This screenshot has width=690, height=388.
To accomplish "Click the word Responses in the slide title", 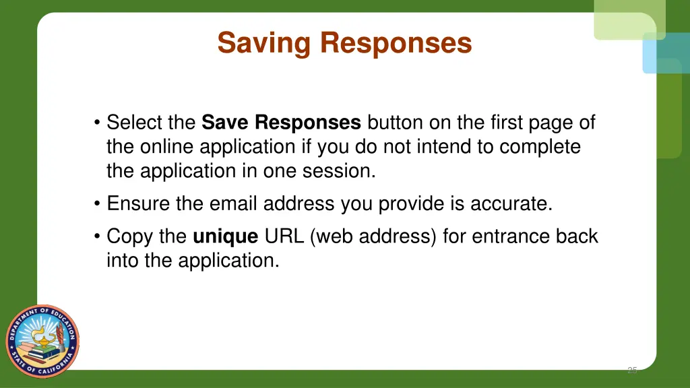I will pyautogui.click(x=396, y=43).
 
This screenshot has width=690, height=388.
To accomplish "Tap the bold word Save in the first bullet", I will pyautogui.click(x=226, y=123).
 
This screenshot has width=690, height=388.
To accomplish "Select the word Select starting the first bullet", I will pyautogui.click(x=137, y=123).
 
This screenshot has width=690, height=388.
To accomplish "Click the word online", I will pyautogui.click(x=168, y=147).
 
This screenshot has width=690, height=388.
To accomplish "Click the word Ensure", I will pyautogui.click(x=139, y=203).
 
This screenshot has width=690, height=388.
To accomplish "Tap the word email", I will pyautogui.click(x=234, y=203).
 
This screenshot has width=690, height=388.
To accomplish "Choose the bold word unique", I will pyautogui.click(x=225, y=236).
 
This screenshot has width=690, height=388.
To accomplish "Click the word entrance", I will pyautogui.click(x=505, y=236).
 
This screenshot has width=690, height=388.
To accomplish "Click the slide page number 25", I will pyautogui.click(x=631, y=370).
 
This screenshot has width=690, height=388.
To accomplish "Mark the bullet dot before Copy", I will pyautogui.click(x=98, y=237).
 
